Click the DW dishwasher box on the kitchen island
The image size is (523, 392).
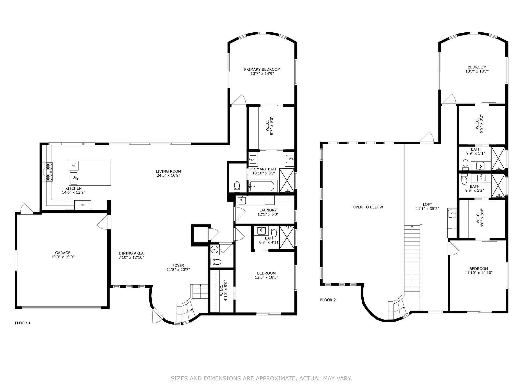(x=74, y=166)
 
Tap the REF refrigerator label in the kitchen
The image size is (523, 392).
(x=83, y=205)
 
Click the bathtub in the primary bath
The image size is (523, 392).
(x=262, y=186)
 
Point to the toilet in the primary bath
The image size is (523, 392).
(x=237, y=186)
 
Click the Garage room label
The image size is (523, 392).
(x=63, y=253)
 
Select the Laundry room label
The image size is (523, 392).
(x=268, y=210)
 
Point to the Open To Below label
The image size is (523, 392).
(x=368, y=207)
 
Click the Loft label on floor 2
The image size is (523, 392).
(x=427, y=204)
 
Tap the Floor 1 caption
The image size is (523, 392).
(x=22, y=323)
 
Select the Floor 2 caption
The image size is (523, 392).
(x=328, y=300)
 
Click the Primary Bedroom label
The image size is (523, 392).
(x=262, y=69)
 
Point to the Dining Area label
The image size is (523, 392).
(x=131, y=253)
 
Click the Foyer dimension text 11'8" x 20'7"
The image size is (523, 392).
(x=178, y=269)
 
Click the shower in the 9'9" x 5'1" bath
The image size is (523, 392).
(x=498, y=158)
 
